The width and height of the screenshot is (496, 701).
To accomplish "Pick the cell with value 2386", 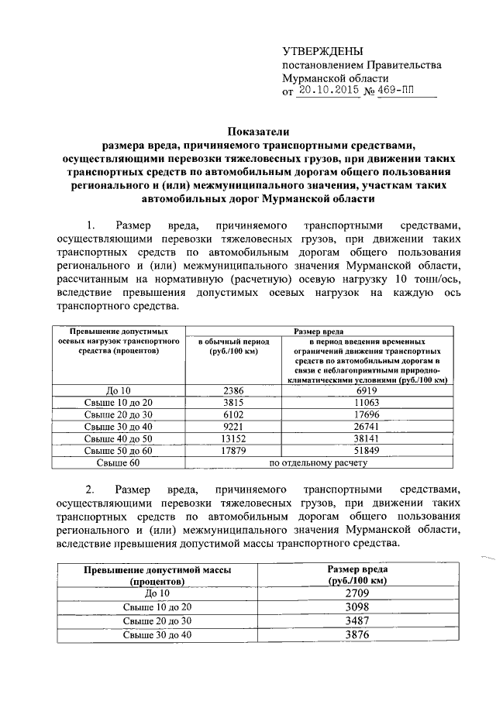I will [233, 390].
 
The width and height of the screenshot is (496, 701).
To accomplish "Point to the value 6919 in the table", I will [366, 390].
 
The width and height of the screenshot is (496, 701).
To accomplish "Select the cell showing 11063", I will [366, 403].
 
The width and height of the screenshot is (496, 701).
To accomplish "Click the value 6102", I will [233, 415].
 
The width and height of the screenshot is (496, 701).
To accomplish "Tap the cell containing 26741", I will [366, 427].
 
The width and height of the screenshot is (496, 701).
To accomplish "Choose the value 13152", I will [233, 439].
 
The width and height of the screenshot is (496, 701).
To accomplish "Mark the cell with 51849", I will [366, 452].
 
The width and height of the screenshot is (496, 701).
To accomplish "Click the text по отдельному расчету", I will [318, 463].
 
